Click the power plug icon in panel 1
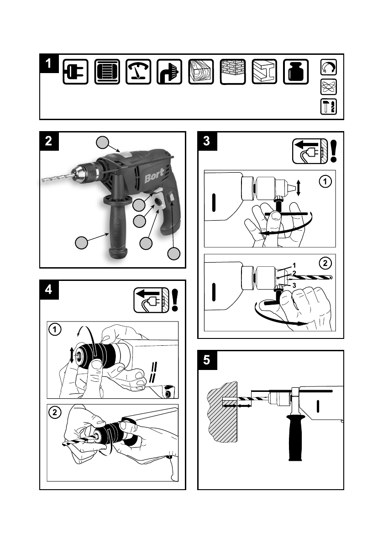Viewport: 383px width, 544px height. (x=76, y=72)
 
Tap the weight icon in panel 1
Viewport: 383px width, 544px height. (x=296, y=72)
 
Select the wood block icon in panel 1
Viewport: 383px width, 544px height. (x=201, y=72)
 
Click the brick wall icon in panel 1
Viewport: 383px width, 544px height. (x=233, y=72)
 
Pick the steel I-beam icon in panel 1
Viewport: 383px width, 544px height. (x=264, y=72)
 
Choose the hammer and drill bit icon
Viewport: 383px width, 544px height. (x=328, y=106)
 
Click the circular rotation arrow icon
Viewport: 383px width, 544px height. (x=328, y=67)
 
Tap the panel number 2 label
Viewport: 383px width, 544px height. (x=49, y=141)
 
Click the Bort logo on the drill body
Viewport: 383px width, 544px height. (x=154, y=177)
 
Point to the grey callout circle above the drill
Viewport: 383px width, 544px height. (x=102, y=143)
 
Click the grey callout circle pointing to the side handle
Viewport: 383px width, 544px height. (x=81, y=243)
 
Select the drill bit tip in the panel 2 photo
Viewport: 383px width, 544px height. (x=42, y=180)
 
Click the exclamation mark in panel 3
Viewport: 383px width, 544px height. (x=333, y=151)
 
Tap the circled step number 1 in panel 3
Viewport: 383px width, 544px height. (x=325, y=181)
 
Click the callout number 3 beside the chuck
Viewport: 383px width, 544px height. (x=294, y=285)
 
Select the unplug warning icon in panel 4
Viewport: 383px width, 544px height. (x=152, y=300)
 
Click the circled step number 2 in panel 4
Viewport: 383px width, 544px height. (x=55, y=412)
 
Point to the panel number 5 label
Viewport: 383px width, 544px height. (x=207, y=360)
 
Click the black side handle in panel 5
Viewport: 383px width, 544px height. (x=295, y=437)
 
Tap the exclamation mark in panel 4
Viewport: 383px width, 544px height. (x=175, y=300)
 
